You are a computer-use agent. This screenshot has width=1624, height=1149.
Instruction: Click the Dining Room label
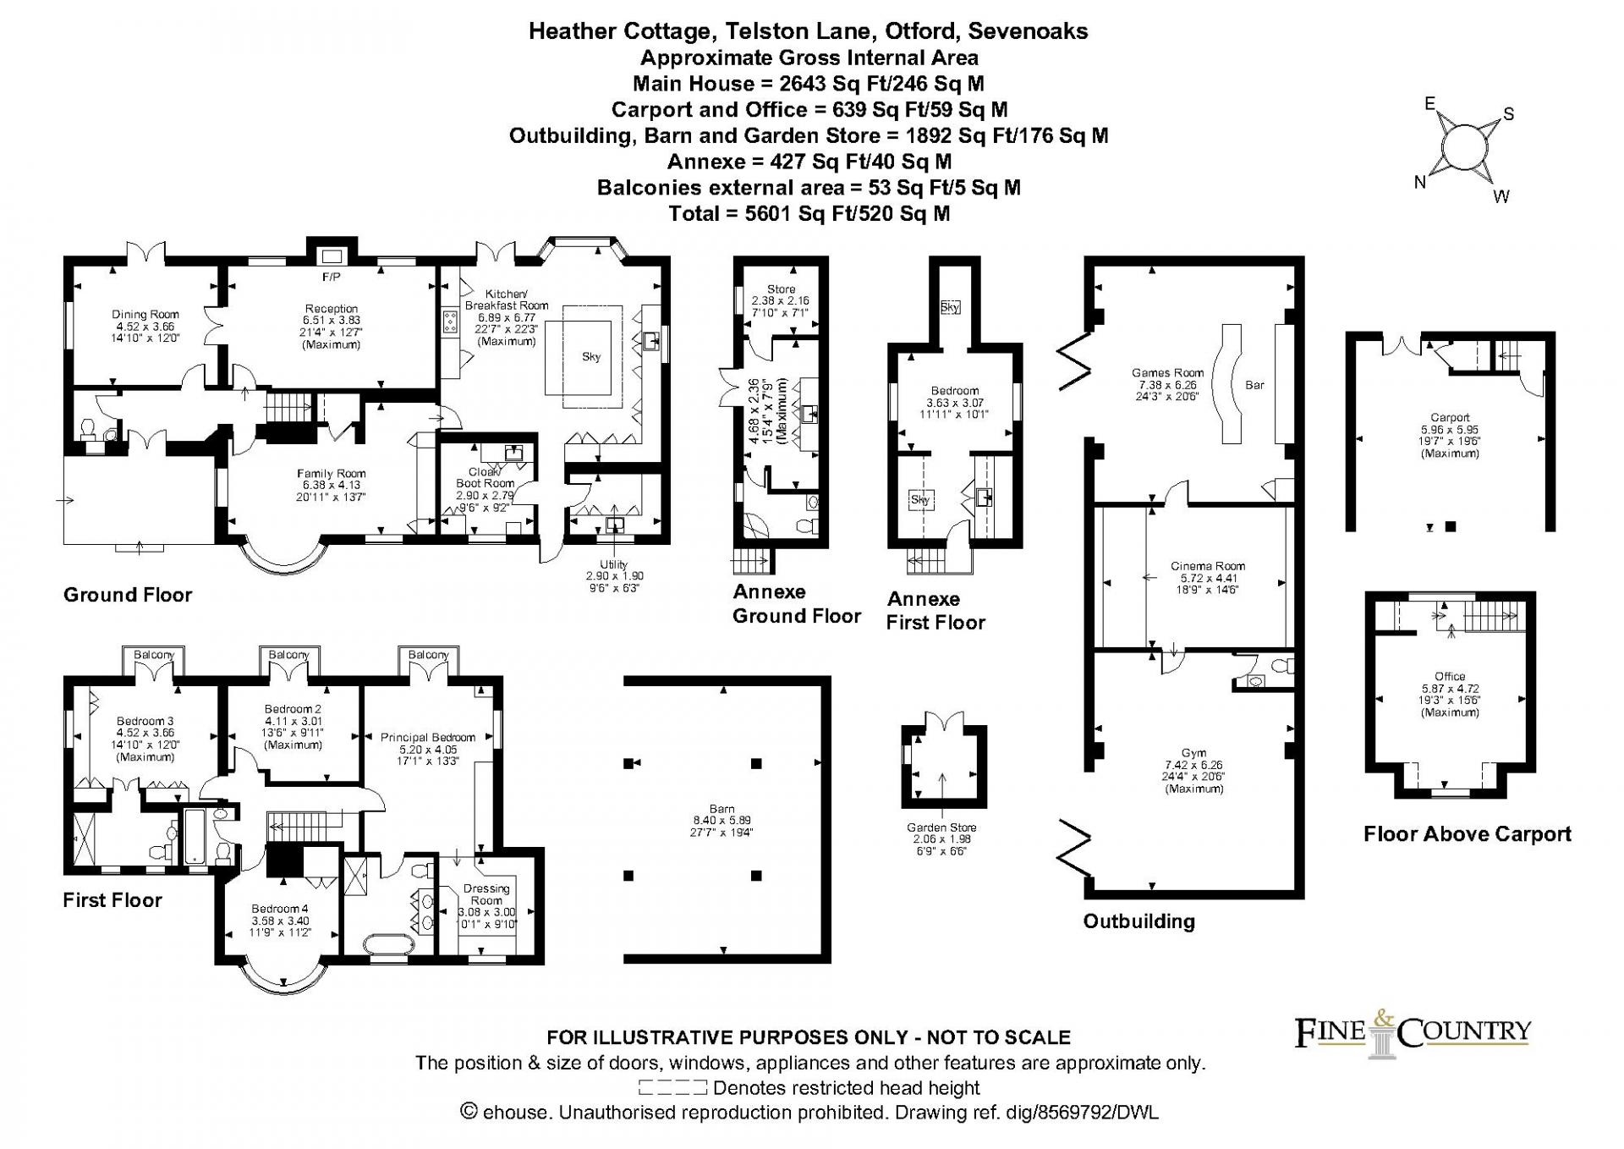(145, 315)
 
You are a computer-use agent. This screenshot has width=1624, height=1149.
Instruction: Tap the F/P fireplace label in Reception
(331, 278)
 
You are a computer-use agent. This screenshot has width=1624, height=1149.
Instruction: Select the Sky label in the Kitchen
(591, 356)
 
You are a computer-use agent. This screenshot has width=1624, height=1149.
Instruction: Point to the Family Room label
(331, 474)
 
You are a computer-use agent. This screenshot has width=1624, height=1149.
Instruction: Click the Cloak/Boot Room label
(486, 477)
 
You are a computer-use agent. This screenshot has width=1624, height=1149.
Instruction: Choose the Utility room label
(614, 564)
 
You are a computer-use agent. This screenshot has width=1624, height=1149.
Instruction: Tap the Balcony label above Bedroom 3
(154, 655)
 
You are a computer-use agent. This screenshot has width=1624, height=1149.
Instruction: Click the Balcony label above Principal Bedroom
(428, 655)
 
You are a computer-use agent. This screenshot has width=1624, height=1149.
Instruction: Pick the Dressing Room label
(486, 894)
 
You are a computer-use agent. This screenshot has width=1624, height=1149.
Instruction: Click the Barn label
(722, 809)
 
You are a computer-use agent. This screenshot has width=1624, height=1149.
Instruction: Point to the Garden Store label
(941, 827)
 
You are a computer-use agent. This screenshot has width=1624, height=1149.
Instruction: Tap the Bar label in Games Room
(1254, 385)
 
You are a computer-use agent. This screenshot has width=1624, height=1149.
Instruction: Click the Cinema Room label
(1208, 566)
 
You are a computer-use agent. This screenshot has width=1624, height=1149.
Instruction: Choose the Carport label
(1450, 417)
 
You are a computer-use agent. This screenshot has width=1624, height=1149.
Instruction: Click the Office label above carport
(1450, 676)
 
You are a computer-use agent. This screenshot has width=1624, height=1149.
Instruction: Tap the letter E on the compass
(1429, 104)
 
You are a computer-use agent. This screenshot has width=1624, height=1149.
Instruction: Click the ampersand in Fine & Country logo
(1385, 1019)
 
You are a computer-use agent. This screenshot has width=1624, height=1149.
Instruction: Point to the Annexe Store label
(782, 289)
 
